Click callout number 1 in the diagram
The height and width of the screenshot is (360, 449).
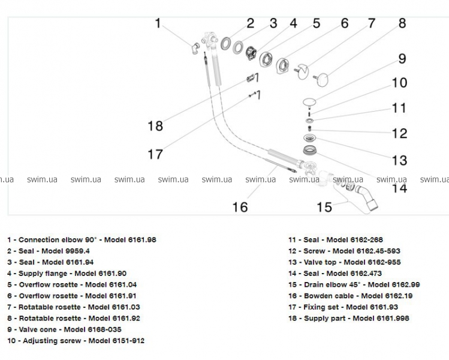click(158, 23)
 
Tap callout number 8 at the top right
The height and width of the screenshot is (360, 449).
click(402, 23)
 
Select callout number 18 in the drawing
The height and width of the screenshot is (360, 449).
click(155, 126)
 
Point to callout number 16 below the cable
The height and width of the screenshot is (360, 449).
click(240, 207)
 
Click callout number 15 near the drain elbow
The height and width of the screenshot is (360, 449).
click(324, 207)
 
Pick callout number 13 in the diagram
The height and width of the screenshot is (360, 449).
click(399, 160)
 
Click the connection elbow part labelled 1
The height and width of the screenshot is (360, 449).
click(195, 48)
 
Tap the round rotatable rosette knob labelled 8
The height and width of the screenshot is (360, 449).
click(324, 78)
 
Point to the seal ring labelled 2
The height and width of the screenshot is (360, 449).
click(227, 44)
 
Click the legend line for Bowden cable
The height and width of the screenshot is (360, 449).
click(350, 296)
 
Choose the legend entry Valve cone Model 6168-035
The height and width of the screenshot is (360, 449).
click(64, 329)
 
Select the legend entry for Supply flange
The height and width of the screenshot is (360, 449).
click(67, 274)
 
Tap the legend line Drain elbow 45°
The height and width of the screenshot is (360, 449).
click(354, 284)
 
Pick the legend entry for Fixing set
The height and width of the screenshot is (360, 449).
click(343, 307)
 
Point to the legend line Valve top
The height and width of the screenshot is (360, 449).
click(344, 262)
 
